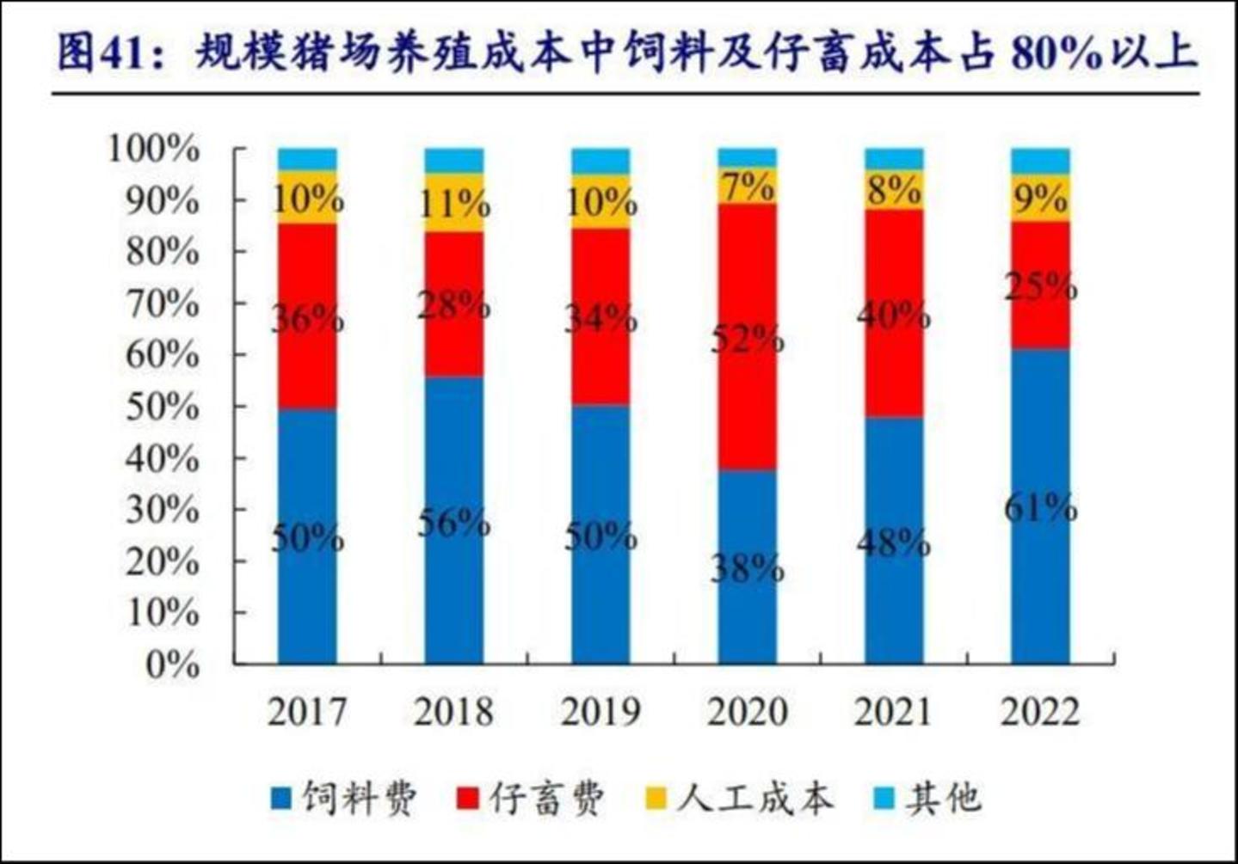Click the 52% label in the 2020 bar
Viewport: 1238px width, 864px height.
[747, 340]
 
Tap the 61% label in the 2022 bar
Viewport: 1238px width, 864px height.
[1040, 508]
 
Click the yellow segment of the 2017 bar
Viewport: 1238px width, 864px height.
[307, 198]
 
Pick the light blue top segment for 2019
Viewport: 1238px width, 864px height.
[601, 161]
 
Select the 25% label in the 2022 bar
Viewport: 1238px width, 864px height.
[1040, 286]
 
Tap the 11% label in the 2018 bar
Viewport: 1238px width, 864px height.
[453, 204]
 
